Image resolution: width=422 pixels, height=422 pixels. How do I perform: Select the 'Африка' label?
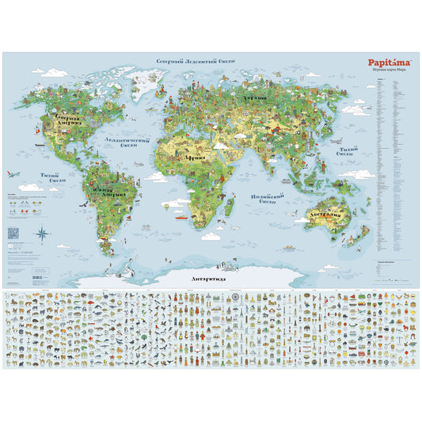point(196,158)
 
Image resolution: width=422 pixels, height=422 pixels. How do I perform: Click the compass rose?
point(42,233)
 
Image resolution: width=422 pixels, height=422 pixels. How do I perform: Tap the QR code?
point(11,233)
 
